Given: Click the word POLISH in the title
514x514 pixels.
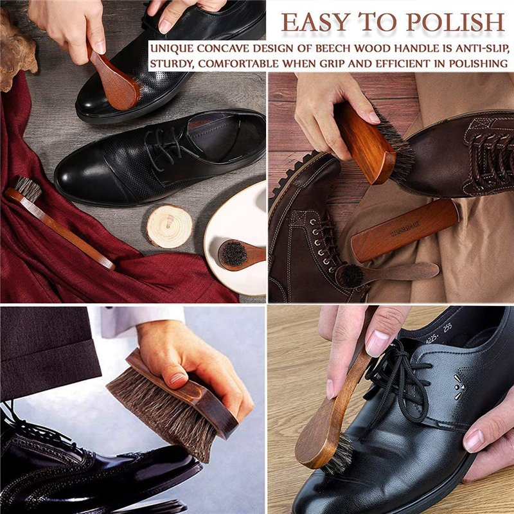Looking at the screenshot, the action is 455,22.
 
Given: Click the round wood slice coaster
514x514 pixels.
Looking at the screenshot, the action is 169,226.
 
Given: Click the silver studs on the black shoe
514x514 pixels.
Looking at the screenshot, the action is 459,387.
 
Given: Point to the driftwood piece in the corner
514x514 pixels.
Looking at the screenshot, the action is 17,49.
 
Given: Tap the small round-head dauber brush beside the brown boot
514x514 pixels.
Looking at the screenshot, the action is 387,274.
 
